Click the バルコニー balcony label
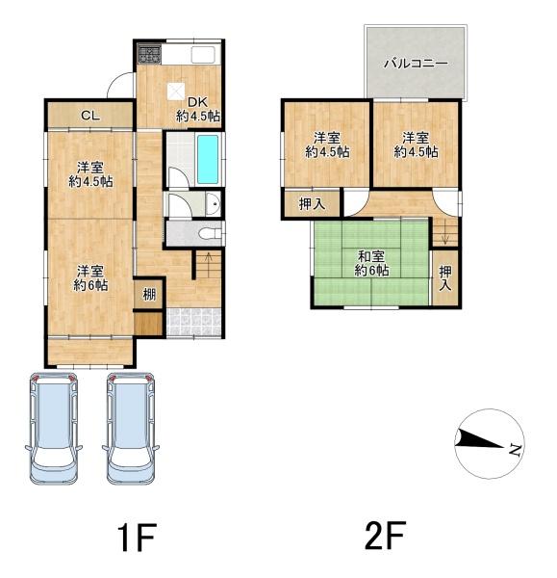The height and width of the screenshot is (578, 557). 416,64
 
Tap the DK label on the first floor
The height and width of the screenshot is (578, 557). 198,102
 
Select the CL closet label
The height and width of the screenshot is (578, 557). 90,116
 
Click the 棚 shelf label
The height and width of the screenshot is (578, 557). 149,295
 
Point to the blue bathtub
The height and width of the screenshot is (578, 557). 208,159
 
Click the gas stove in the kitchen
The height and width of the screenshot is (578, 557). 149,54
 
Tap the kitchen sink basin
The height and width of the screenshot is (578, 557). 203,55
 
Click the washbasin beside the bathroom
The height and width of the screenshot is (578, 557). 213,204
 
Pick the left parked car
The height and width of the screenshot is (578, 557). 54,429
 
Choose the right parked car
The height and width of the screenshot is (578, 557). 131,429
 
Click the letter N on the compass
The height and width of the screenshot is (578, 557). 515,449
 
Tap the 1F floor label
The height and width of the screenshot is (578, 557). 137,537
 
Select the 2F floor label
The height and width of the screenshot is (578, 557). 386,535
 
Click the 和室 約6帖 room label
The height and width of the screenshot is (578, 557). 371,264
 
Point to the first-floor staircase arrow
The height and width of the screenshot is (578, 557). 209,264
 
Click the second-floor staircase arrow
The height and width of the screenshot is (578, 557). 445,231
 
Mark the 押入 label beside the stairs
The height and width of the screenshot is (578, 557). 445,278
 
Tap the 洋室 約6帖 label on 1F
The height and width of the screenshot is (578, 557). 90,278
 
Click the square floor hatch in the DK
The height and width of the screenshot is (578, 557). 176,92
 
